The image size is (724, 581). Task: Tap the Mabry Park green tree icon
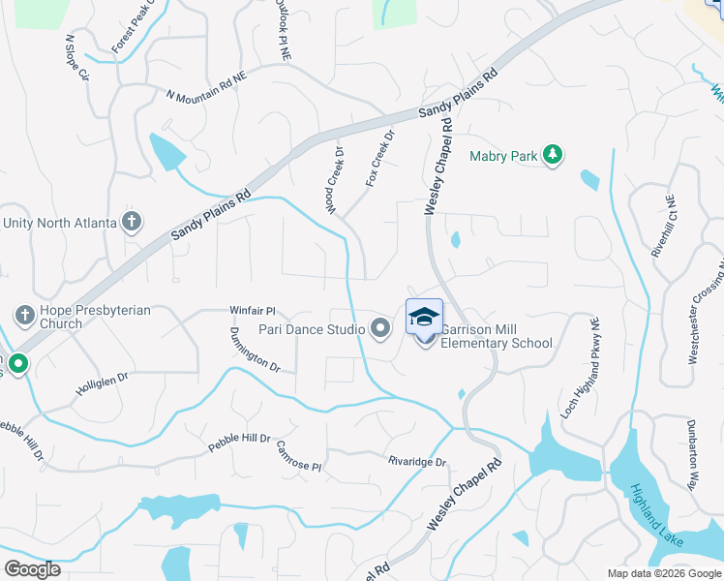point(552,155)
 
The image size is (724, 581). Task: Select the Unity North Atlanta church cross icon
point(132,223)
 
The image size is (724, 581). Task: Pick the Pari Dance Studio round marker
point(380,330)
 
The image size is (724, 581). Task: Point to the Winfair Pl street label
point(253,311)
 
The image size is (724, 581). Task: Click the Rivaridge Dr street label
point(417,462)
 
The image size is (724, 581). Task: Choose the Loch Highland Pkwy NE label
point(581,369)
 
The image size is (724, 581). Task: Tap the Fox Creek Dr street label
point(380,158)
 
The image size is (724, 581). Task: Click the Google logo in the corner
point(32,569)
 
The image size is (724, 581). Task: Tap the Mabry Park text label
point(503,155)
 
